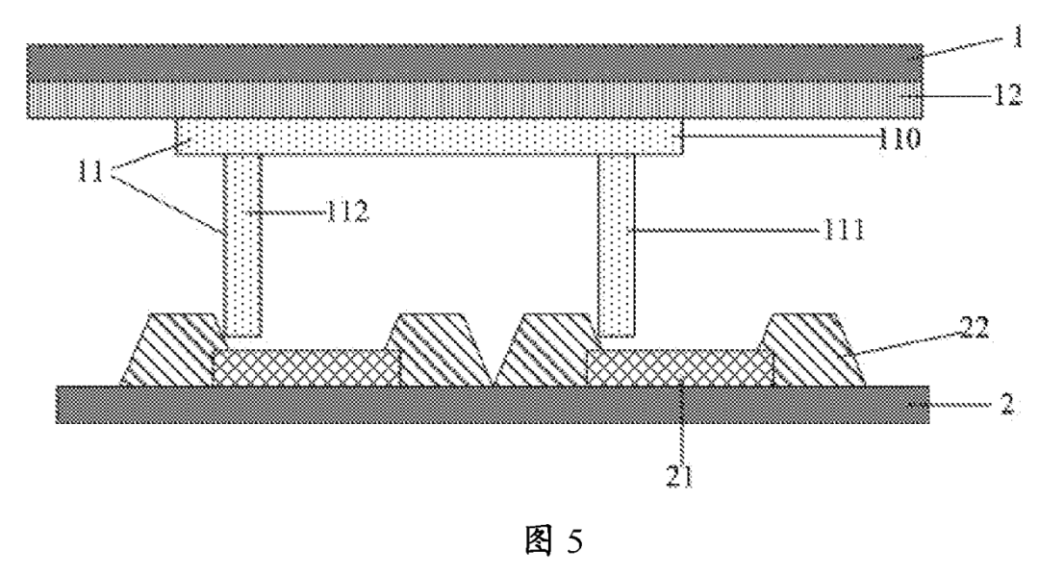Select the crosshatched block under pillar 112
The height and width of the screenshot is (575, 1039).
pos(306,367)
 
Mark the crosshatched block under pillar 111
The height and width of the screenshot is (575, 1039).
pos(680,367)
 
